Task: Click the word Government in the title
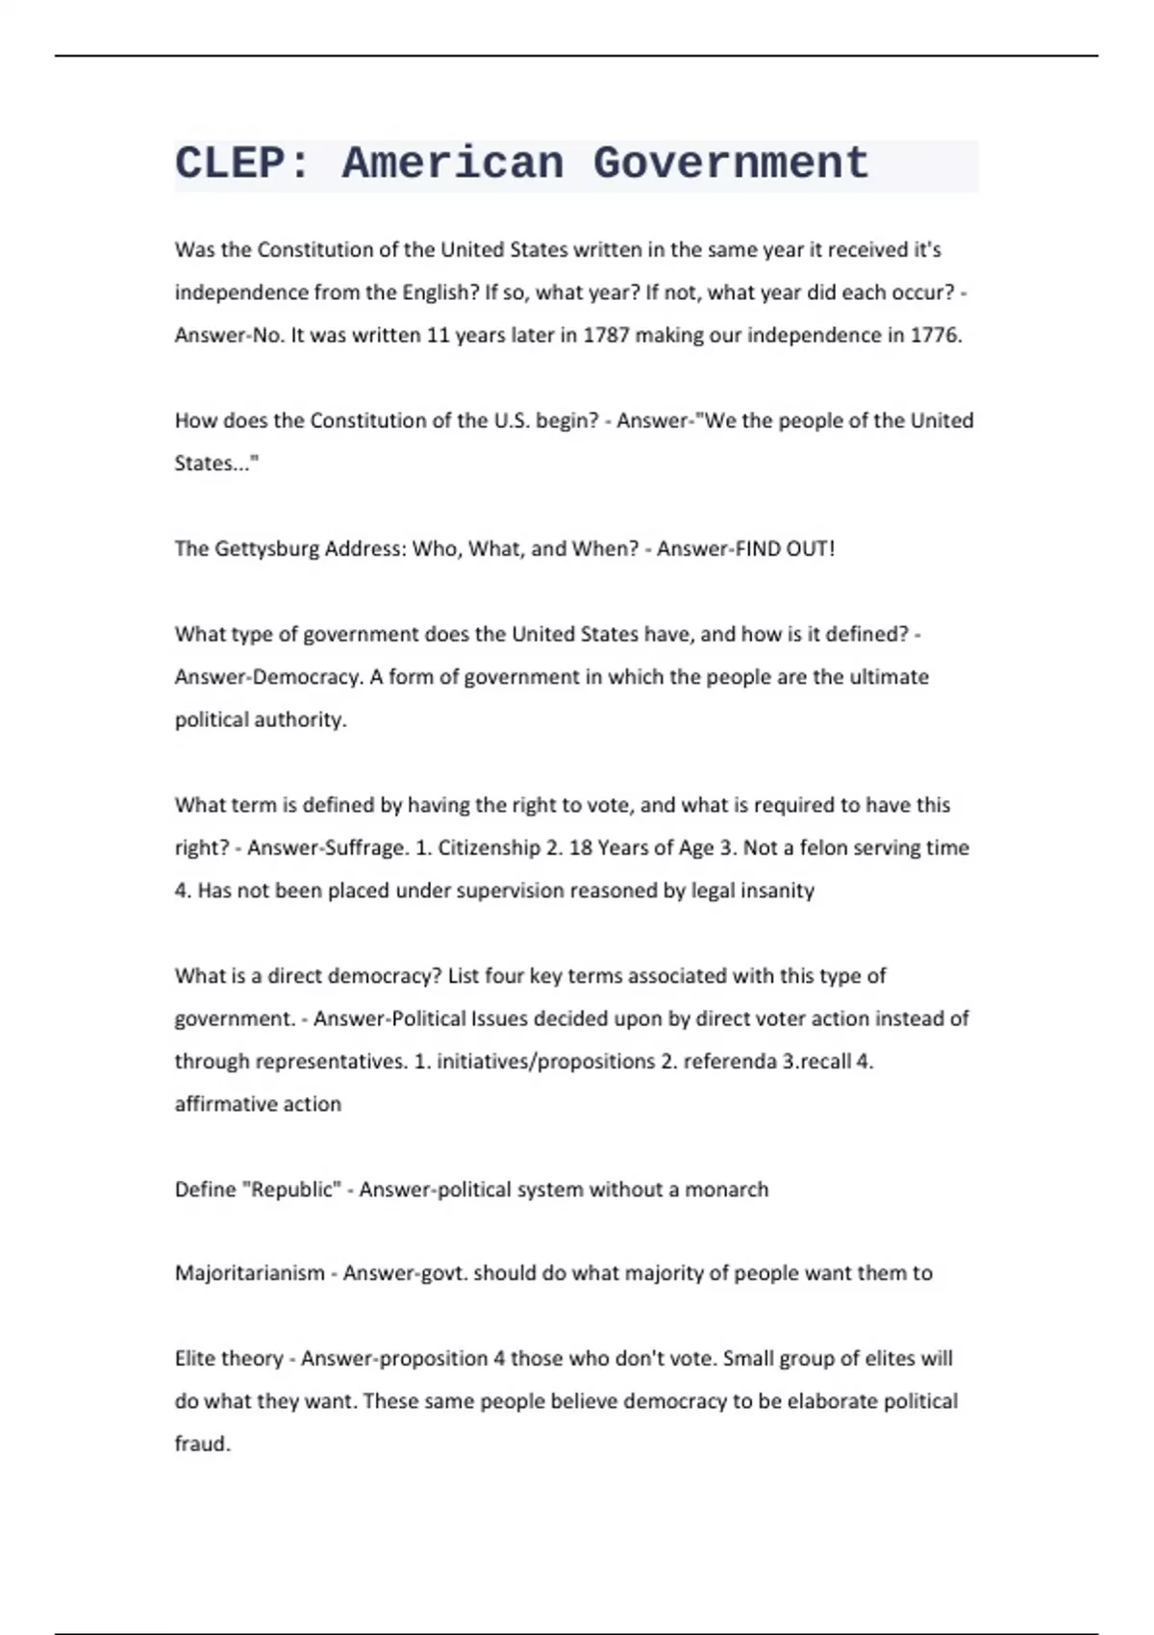(x=730, y=163)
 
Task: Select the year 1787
(x=606, y=336)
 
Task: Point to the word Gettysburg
(x=266, y=549)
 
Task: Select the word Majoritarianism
(x=249, y=1273)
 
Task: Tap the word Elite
(x=195, y=1359)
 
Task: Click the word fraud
(x=202, y=1445)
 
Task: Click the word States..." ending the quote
(x=216, y=464)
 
